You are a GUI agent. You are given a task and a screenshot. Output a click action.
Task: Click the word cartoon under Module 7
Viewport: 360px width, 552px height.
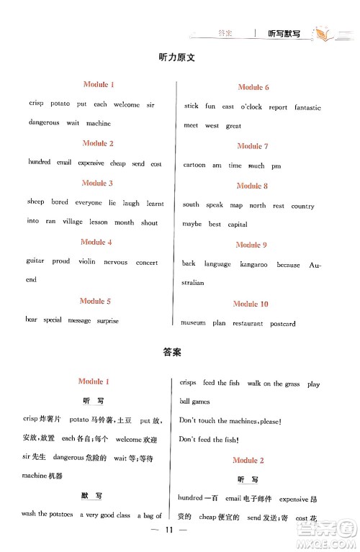(x=194, y=166)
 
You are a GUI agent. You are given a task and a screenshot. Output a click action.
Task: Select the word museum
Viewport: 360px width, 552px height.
(x=193, y=324)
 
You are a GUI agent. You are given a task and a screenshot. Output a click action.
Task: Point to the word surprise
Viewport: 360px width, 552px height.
(x=107, y=320)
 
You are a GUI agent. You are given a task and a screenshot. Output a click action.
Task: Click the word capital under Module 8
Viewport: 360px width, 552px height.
(x=238, y=225)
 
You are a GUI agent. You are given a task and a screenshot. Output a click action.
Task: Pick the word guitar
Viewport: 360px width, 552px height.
(x=35, y=263)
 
